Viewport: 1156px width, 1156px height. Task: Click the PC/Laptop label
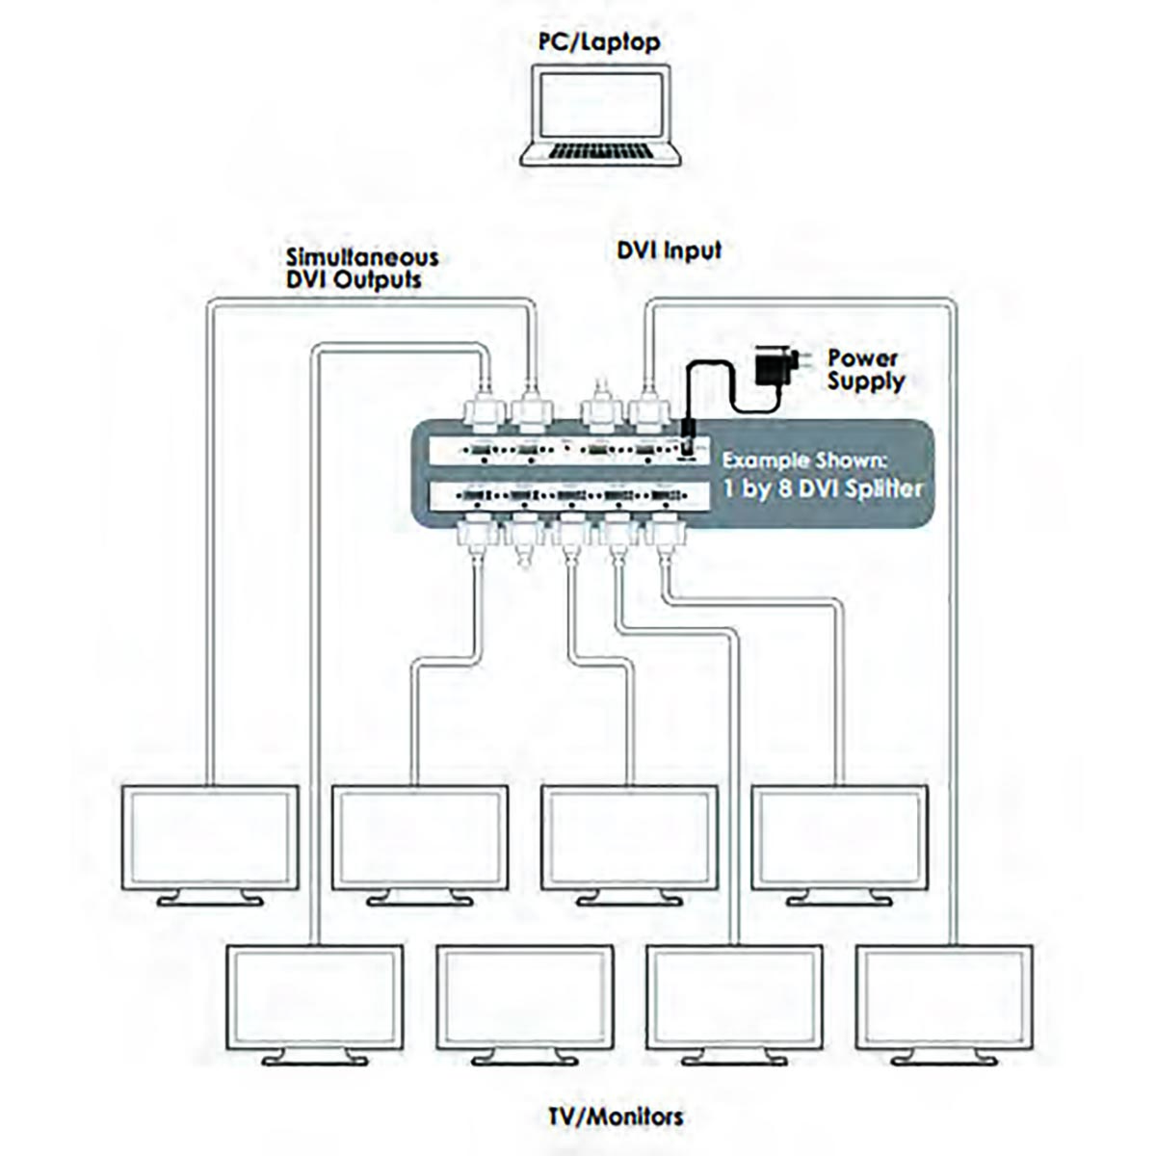tap(598, 41)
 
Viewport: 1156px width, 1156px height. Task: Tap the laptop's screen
tap(600, 105)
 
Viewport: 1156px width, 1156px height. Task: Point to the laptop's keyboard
tap(601, 153)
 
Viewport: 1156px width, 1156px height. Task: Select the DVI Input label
tap(669, 250)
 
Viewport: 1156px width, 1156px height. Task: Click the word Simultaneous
tap(361, 257)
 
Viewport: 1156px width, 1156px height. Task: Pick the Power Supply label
tap(865, 370)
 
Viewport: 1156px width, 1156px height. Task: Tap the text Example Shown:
tap(817, 460)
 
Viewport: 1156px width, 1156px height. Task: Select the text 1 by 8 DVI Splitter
tap(823, 488)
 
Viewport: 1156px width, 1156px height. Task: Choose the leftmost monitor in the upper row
tap(210, 837)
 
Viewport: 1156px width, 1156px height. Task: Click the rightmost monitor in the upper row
tap(839, 837)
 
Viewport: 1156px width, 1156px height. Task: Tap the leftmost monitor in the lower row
tap(314, 997)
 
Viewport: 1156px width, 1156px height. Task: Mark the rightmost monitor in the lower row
tap(944, 997)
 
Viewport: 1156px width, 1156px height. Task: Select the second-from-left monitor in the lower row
tap(524, 997)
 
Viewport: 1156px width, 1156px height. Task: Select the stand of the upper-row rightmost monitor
tap(839, 899)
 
